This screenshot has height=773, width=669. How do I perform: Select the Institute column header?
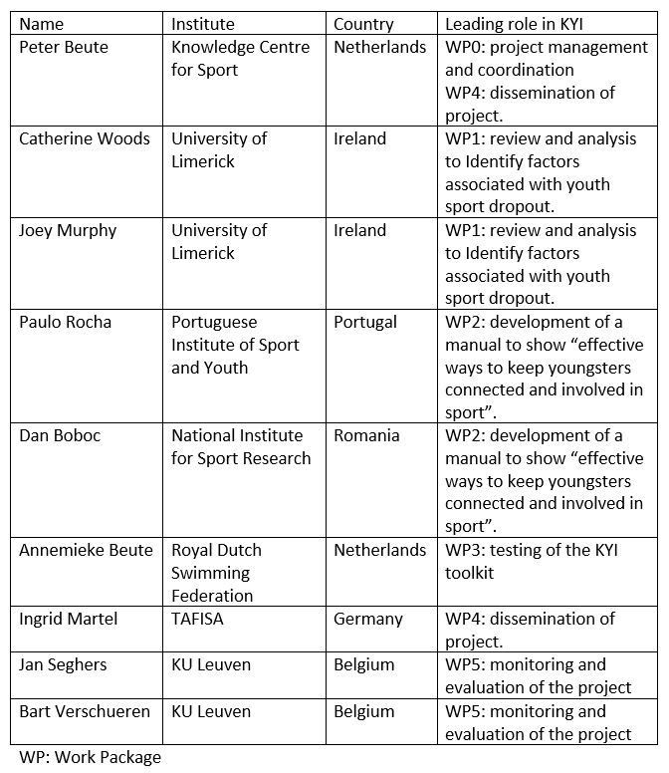(203, 24)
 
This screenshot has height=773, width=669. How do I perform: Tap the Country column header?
(363, 24)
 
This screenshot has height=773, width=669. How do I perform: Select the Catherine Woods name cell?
(85, 138)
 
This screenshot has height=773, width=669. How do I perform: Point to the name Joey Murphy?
(68, 230)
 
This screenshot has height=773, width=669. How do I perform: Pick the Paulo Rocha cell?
(66, 322)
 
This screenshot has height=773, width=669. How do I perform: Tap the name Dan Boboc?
(61, 435)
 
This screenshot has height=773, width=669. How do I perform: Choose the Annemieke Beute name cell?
(87, 550)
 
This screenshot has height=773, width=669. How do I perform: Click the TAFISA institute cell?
(201, 619)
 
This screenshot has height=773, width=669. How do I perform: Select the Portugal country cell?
(365, 322)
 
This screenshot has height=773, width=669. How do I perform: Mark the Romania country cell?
(366, 435)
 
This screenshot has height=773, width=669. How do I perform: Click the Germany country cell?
(368, 619)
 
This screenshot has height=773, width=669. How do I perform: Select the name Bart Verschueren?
(85, 711)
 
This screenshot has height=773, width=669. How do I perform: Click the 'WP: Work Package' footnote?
(90, 757)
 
